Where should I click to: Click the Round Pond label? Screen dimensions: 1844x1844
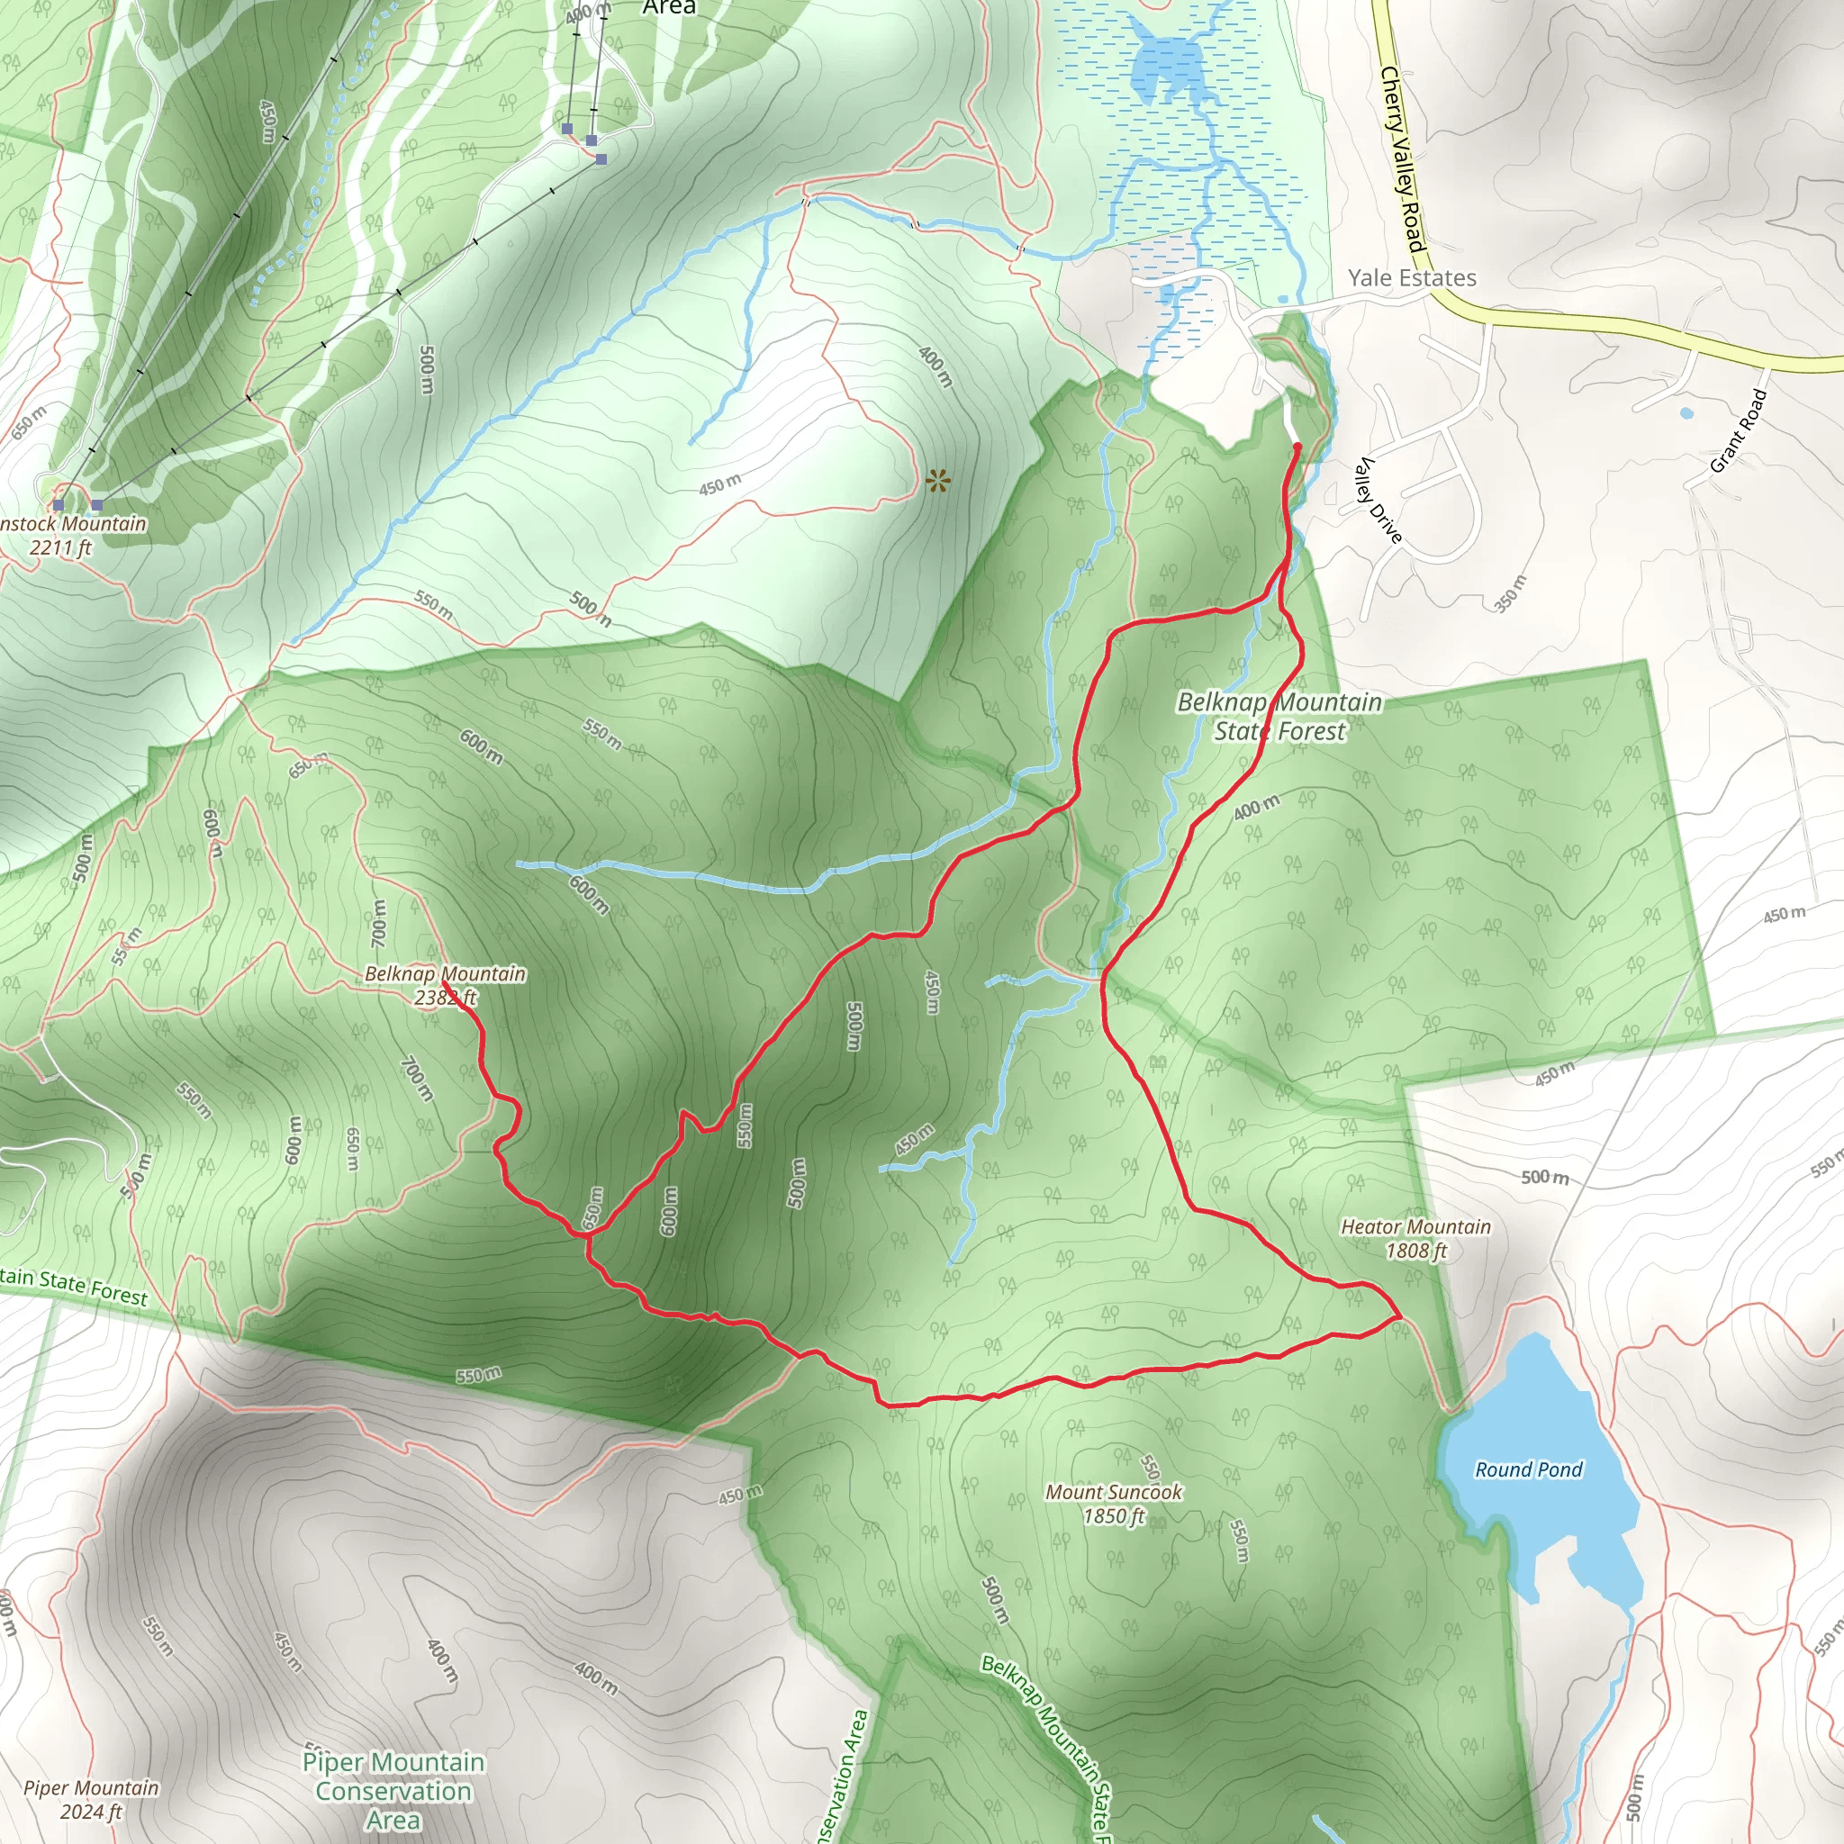[x=1528, y=1469]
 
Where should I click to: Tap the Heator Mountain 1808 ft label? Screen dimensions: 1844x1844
[x=1415, y=1238]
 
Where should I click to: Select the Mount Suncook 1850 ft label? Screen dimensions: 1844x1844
[x=1113, y=1504]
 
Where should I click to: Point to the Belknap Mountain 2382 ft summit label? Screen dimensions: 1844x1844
[x=445, y=985]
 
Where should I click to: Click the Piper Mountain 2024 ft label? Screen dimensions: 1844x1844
[x=91, y=1799]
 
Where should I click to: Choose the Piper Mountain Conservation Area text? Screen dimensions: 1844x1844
[x=393, y=1791]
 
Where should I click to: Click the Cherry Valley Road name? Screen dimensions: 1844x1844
[x=1402, y=158]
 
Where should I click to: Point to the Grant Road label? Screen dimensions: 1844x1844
[x=1738, y=430]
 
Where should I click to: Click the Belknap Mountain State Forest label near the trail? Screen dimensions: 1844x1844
[x=1279, y=716]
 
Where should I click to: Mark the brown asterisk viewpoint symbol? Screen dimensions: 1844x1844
[x=937, y=480]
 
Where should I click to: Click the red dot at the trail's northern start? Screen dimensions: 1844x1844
[x=1297, y=446]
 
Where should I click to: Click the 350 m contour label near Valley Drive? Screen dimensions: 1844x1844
[x=1510, y=592]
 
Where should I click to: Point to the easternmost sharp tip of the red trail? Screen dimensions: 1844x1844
[x=1400, y=1316]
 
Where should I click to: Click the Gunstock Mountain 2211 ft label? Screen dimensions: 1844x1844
[x=67, y=535]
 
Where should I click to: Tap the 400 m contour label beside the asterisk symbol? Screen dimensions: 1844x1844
[x=935, y=366]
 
